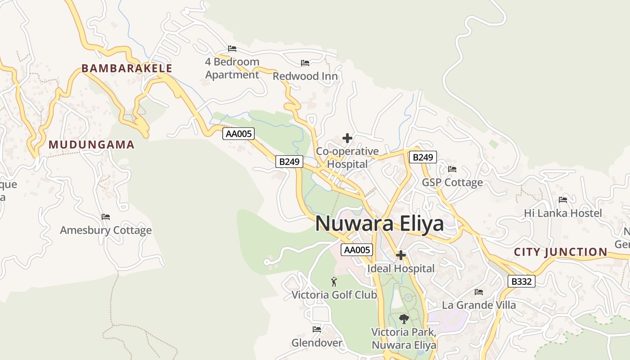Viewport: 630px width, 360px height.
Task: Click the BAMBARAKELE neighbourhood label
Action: [x=126, y=68]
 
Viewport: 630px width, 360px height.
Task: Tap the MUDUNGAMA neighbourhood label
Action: [x=91, y=144]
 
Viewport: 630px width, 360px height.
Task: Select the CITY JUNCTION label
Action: [x=560, y=252]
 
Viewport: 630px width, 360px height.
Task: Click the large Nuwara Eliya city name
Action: [x=379, y=224]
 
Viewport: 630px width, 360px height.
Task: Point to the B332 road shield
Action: [x=522, y=282]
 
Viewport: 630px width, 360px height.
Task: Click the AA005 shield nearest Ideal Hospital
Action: [x=357, y=250]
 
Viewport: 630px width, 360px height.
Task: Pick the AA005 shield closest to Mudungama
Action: [x=238, y=134]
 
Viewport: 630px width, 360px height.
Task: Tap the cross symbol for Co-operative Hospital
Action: [x=347, y=138]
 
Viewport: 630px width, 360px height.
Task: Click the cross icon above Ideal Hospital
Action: [x=400, y=256]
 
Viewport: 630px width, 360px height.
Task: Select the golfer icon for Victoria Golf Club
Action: [x=334, y=282]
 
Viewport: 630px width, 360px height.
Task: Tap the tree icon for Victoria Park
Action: [x=404, y=319]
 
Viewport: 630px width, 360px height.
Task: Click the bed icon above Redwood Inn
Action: [x=305, y=63]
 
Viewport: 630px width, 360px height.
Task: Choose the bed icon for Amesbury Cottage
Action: [x=106, y=217]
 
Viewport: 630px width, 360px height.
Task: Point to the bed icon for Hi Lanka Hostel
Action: [x=562, y=200]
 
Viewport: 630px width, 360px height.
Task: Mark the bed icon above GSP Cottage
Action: [x=452, y=169]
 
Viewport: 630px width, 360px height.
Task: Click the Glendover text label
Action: [x=317, y=343]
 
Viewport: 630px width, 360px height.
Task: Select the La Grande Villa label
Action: [x=479, y=305]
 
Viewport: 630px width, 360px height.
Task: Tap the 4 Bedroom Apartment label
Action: [x=232, y=68]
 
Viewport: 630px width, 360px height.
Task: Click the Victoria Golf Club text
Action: [x=334, y=295]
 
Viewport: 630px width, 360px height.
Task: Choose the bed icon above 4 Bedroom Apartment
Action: [x=232, y=49]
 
